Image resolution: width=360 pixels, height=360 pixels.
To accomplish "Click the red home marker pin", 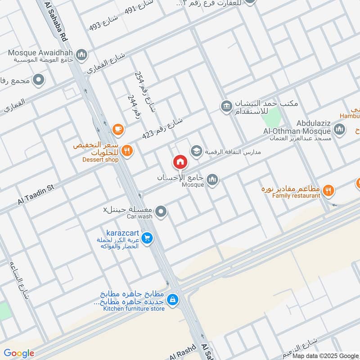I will [180, 162].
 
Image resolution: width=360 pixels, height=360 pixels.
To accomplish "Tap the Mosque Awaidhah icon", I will [81, 55].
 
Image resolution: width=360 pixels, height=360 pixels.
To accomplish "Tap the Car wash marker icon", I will [161, 211].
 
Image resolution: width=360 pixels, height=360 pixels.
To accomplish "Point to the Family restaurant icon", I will [329, 190].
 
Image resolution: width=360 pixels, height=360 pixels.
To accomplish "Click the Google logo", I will [19, 353].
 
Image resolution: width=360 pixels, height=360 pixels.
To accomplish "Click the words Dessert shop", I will [100, 160].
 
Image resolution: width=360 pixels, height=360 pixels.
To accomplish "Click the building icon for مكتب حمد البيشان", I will [225, 107].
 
